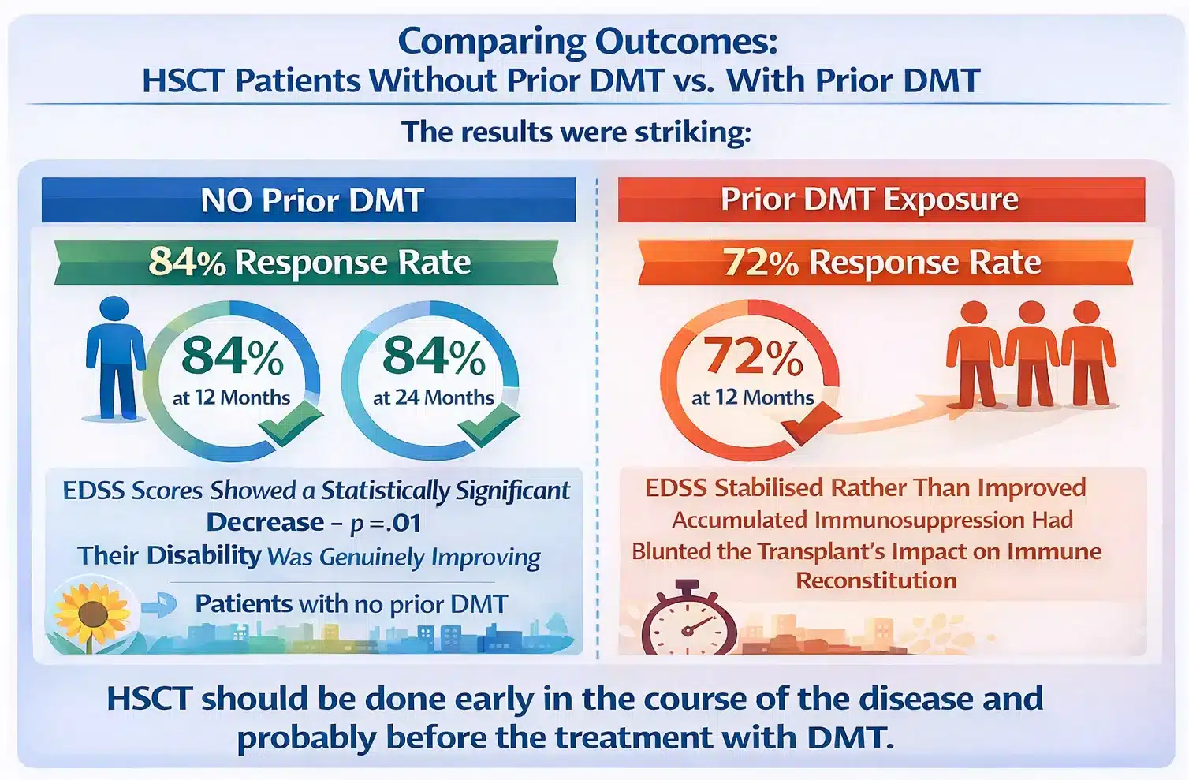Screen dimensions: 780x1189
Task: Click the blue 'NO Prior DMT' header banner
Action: click(309, 200)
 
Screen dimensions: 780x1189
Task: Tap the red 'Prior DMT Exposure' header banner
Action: click(881, 200)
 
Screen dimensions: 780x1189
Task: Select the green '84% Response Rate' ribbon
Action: click(307, 262)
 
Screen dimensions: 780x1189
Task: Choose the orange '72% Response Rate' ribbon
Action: click(884, 262)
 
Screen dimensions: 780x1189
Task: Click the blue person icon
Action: click(115, 358)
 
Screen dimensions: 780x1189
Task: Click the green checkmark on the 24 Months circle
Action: click(489, 427)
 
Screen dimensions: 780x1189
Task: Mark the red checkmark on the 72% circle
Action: click(811, 424)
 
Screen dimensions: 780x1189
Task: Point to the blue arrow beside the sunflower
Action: click(162, 606)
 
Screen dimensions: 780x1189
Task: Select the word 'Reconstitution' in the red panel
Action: click(876, 581)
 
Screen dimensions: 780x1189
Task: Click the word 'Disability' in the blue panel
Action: click(203, 555)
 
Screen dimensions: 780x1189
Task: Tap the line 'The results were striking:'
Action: click(576, 132)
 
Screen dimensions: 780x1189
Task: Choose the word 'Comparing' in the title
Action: click(491, 42)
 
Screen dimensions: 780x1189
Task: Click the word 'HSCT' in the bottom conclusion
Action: click(149, 699)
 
